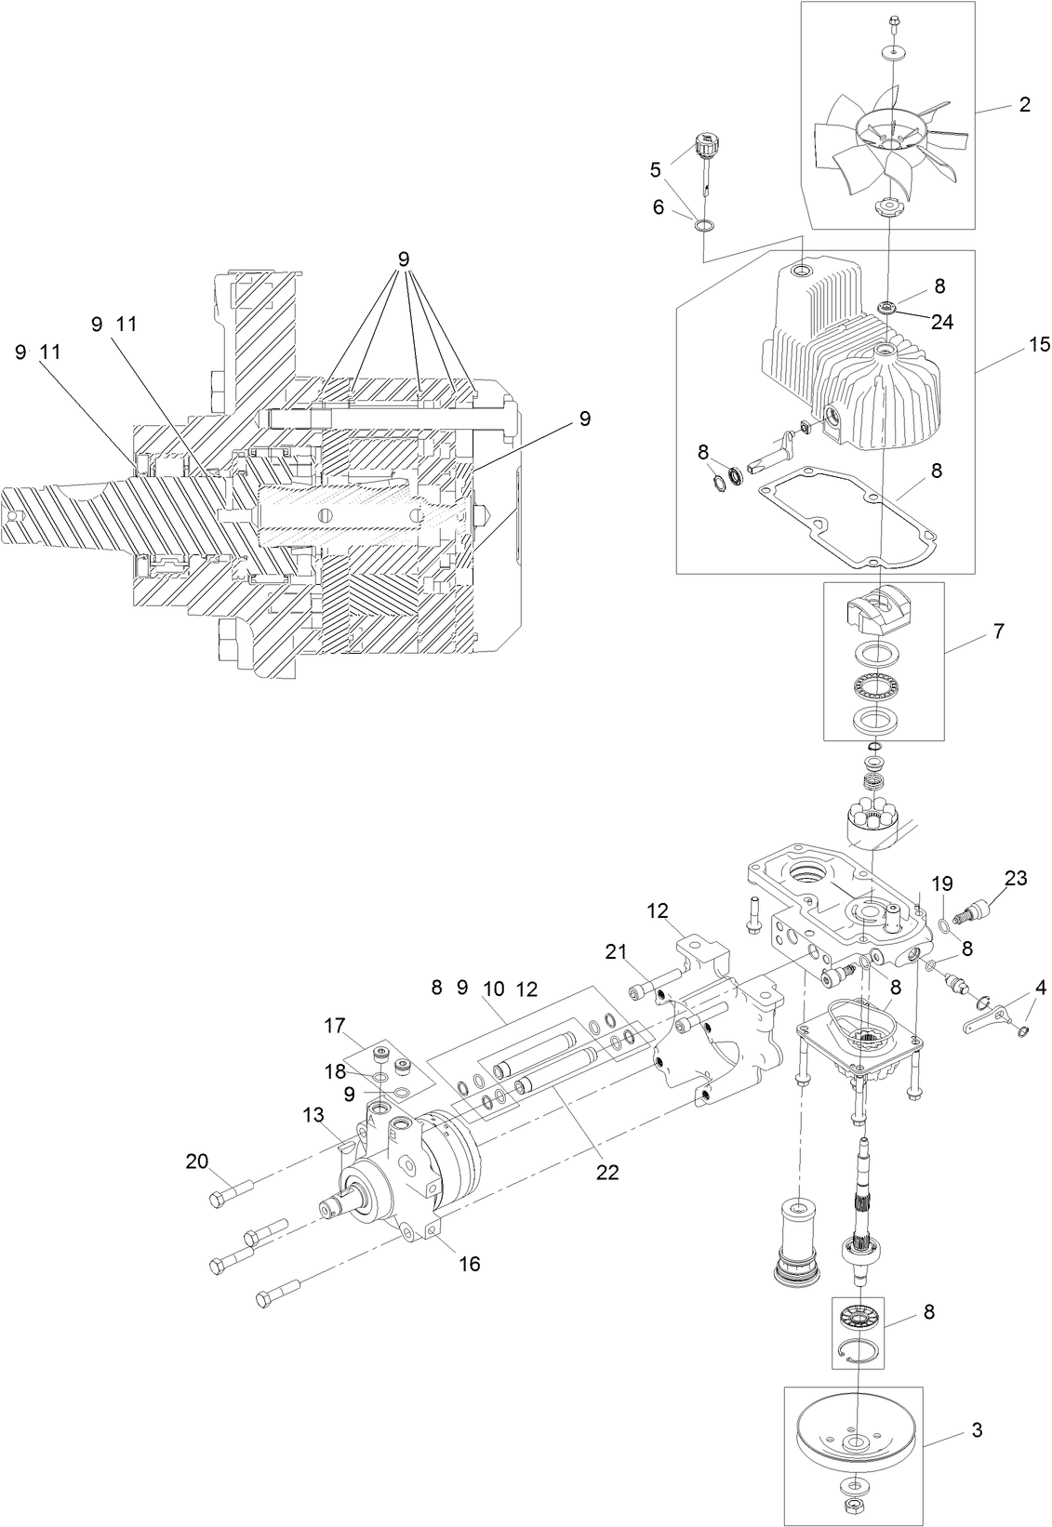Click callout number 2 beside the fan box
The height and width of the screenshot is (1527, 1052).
pyautogui.click(x=1024, y=104)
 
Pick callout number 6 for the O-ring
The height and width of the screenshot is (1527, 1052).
pyautogui.click(x=659, y=207)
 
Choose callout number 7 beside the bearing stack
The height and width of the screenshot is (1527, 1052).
pyautogui.click(x=998, y=631)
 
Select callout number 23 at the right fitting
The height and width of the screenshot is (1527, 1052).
pyautogui.click(x=1015, y=877)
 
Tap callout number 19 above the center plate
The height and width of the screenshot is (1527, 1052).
pyautogui.click(x=942, y=883)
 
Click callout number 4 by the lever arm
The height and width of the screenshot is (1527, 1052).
pyautogui.click(x=1040, y=986)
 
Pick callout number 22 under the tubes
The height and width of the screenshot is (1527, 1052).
pyautogui.click(x=606, y=1173)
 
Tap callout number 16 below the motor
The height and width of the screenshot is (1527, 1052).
pyautogui.click(x=470, y=1264)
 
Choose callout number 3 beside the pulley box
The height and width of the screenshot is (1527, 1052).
pyautogui.click(x=976, y=1429)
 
